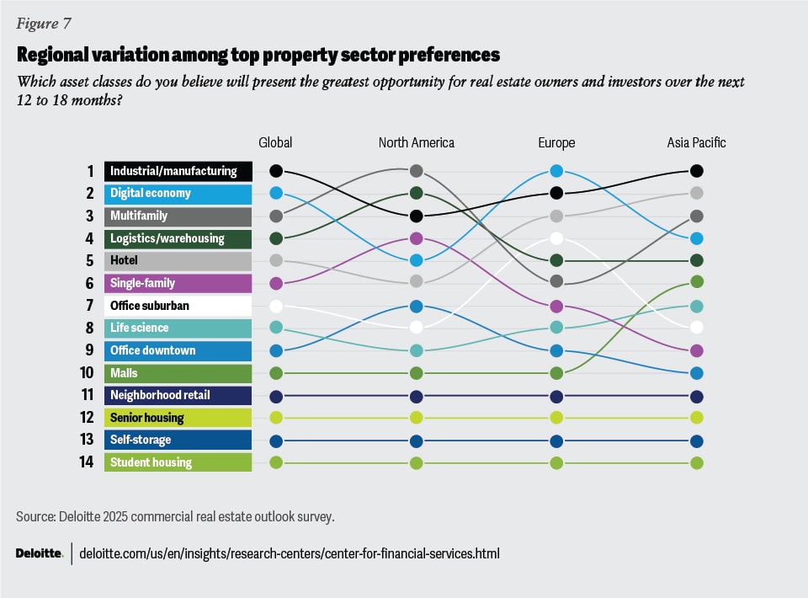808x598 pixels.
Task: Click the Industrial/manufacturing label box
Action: pyautogui.click(x=178, y=171)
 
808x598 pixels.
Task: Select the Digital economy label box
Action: pyautogui.click(x=178, y=194)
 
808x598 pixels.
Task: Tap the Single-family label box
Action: pyautogui.click(x=178, y=283)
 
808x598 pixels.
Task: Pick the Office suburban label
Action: pyautogui.click(x=178, y=306)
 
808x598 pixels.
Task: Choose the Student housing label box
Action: pyautogui.click(x=178, y=462)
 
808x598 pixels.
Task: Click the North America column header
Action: pyautogui.click(x=416, y=142)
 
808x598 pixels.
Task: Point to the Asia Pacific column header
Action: pyautogui.click(x=696, y=142)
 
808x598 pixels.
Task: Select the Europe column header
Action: pyautogui.click(x=556, y=142)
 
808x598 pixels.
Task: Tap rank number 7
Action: pyautogui.click(x=89, y=306)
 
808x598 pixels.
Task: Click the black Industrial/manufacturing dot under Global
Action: pyautogui.click(x=276, y=171)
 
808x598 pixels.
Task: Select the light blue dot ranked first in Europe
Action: pyautogui.click(x=556, y=171)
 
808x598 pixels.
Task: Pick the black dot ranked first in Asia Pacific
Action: pyautogui.click(x=696, y=171)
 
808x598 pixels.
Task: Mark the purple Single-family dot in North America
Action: pyautogui.click(x=416, y=238)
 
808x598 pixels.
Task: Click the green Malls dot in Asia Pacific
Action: pyautogui.click(x=696, y=282)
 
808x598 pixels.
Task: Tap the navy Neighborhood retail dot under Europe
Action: pyautogui.click(x=556, y=396)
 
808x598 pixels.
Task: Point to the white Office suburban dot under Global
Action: pyautogui.click(x=276, y=306)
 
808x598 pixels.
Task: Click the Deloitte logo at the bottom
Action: pyautogui.click(x=39, y=553)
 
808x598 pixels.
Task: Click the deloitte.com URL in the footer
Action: pyautogui.click(x=290, y=553)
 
